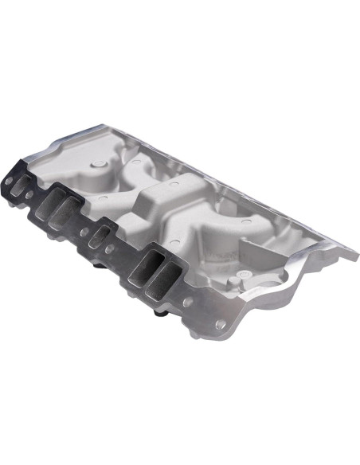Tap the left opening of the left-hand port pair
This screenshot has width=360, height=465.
(x=54, y=205)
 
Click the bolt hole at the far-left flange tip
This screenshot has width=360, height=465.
(x=9, y=182)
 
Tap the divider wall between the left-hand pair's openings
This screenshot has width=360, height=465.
(x=62, y=210)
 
